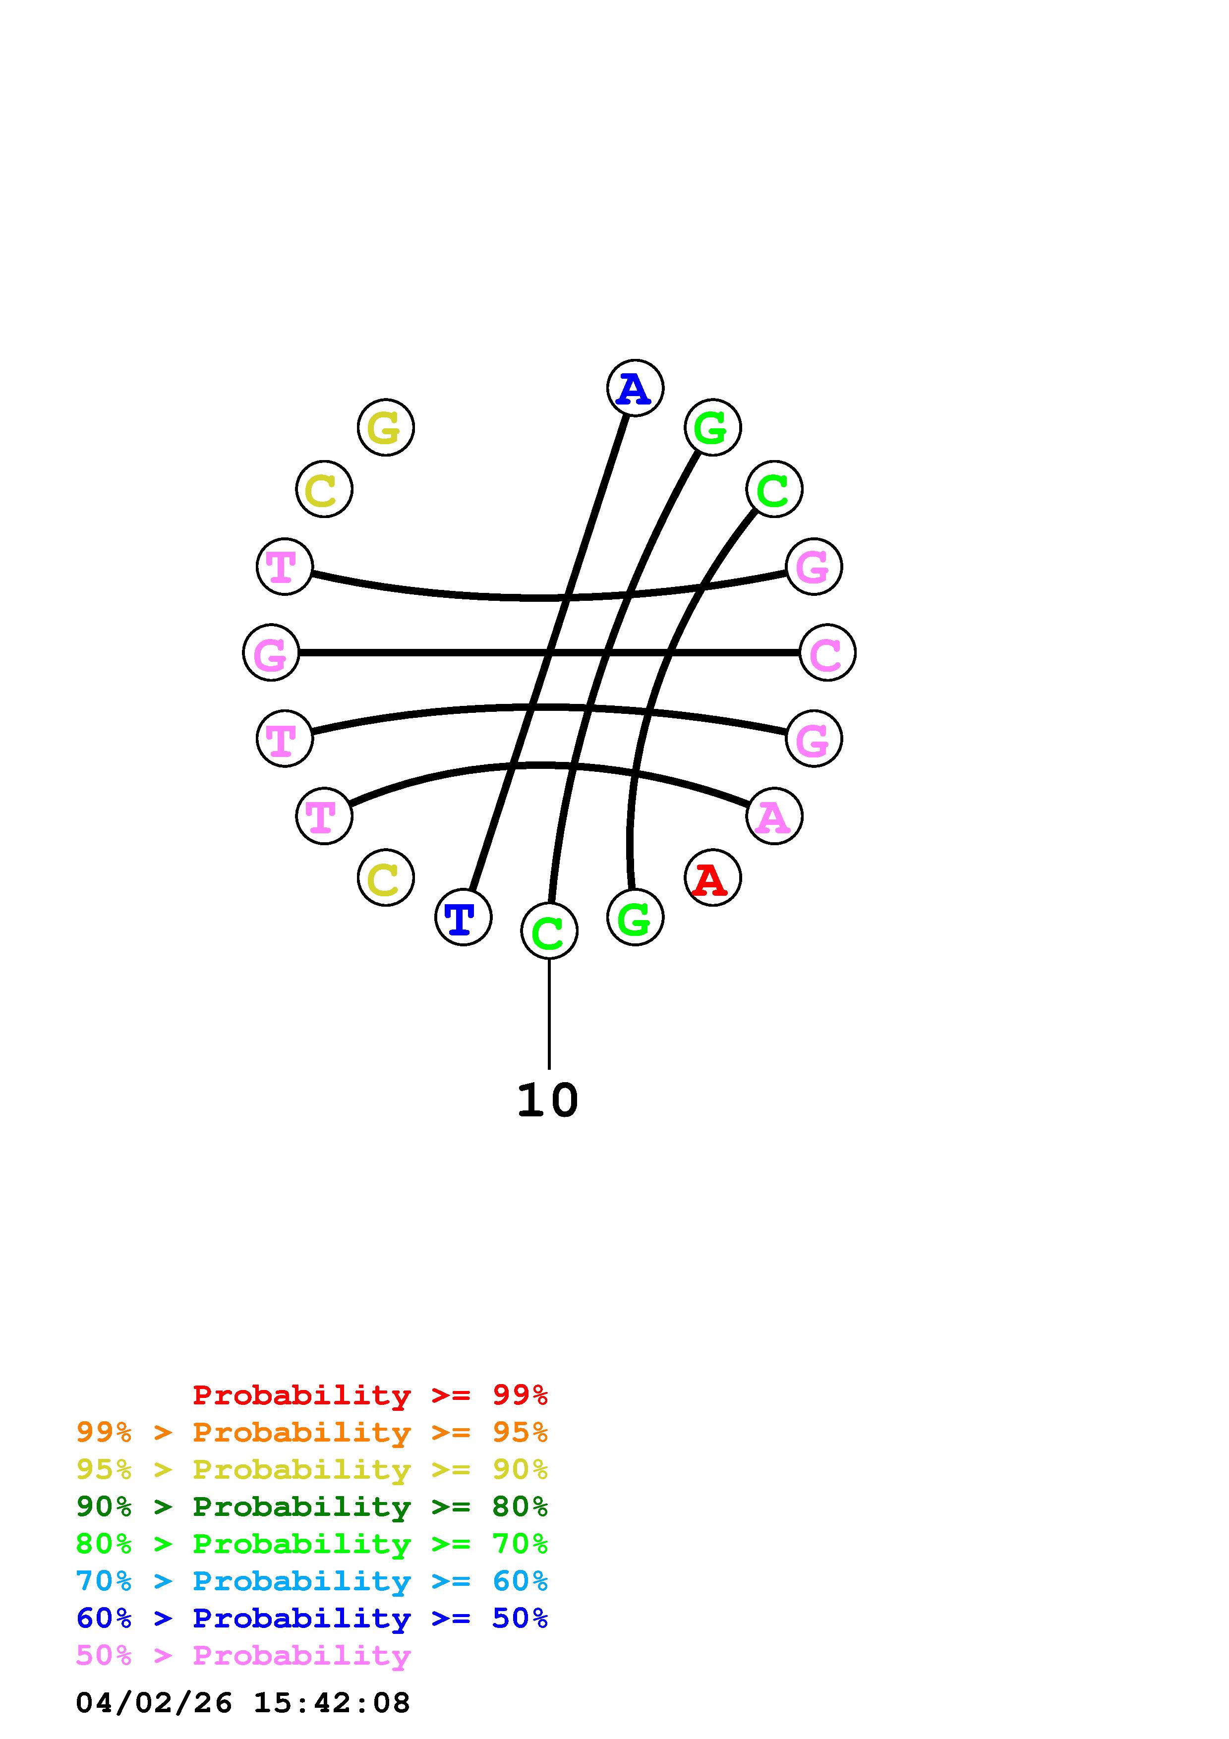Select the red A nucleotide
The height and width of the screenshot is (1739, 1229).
coord(712,878)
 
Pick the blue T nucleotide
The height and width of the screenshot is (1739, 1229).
coord(463,917)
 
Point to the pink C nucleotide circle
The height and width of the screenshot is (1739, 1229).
coord(827,652)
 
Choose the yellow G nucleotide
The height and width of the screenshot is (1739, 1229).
coord(385,428)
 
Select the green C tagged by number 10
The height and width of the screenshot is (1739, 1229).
coord(549,931)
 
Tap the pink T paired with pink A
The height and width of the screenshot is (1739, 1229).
coord(324,816)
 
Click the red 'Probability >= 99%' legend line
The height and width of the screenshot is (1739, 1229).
coord(370,1395)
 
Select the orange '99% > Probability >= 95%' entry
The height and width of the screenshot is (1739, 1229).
coord(312,1432)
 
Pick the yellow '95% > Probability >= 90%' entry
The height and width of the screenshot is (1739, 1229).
coord(312,1469)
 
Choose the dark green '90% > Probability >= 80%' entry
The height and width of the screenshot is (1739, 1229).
coord(312,1507)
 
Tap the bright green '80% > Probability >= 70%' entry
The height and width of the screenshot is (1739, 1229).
coord(312,1544)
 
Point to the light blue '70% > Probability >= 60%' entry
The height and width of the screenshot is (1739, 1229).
coord(312,1581)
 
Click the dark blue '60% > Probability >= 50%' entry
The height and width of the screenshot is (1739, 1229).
coord(312,1618)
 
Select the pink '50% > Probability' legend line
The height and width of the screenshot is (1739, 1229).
coord(243,1655)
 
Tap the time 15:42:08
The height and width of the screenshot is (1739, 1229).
coord(332,1703)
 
